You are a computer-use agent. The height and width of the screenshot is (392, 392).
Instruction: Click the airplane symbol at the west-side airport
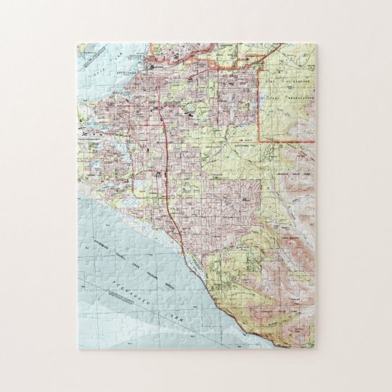click(x=86, y=135)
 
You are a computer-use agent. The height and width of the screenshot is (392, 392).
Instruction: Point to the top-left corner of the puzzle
click(x=78, y=44)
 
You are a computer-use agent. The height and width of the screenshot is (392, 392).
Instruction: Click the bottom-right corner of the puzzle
click(x=315, y=348)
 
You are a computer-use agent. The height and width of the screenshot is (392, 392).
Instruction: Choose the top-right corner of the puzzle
click(x=315, y=44)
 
